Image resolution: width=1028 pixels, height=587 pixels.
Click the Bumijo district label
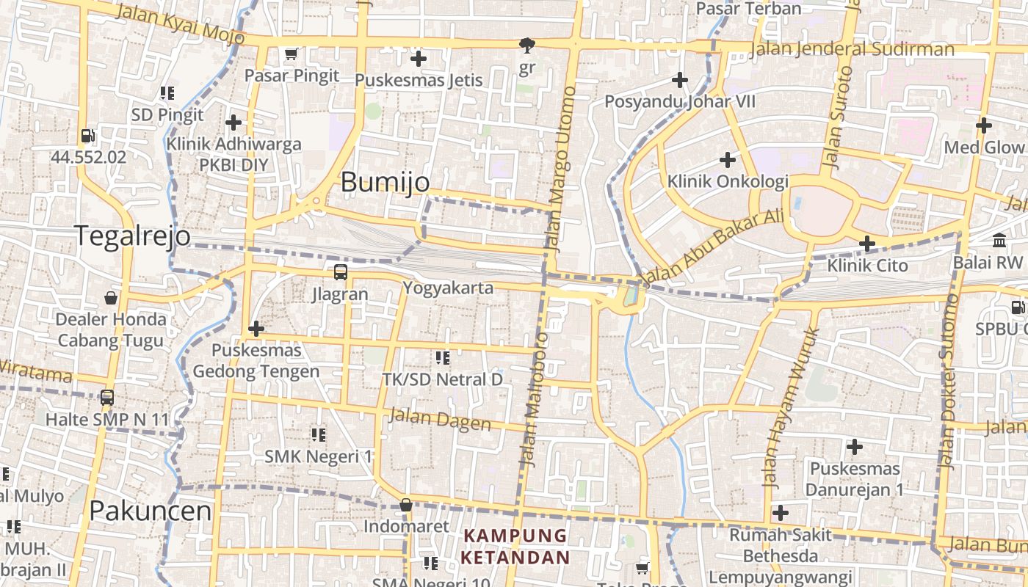point(385,182)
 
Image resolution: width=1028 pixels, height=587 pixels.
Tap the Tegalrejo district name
point(132,236)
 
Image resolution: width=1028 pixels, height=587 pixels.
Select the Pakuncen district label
point(151,511)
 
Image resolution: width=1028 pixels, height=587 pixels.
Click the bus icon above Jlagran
point(341,272)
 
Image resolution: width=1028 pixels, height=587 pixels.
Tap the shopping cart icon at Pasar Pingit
point(291,54)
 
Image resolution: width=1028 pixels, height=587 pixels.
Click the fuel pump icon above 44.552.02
point(88,136)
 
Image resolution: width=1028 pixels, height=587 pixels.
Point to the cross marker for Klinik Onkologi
point(727,159)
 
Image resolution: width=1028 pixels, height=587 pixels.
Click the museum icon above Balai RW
point(999,240)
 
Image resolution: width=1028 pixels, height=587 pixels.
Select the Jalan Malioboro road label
point(534,400)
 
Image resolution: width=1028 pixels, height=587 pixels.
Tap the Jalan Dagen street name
point(439,419)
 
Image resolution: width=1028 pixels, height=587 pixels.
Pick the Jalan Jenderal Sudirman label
point(852,49)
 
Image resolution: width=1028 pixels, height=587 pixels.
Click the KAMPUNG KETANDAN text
point(515,546)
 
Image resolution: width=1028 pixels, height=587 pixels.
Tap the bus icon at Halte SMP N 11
point(107,398)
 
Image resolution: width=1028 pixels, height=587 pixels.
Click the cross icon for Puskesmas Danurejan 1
point(854,446)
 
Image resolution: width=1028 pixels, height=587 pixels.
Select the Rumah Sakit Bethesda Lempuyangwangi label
point(781,555)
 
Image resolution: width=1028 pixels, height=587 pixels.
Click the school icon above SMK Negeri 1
point(318,435)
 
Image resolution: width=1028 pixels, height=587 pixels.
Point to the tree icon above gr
point(526,46)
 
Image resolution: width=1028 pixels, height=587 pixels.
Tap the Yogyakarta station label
point(448,288)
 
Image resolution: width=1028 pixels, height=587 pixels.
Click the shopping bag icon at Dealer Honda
point(110,297)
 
